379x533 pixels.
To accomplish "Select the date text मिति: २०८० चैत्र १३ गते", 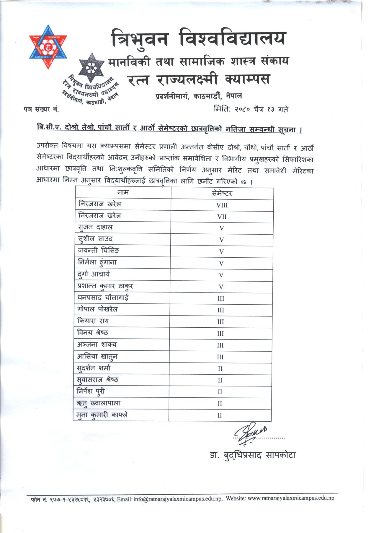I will [251, 110].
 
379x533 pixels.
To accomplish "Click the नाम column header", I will [123, 193].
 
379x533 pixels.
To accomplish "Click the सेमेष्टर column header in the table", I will [222, 194].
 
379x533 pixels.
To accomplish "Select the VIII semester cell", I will [222, 205].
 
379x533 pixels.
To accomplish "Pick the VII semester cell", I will [222, 217].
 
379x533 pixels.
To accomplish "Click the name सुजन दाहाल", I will [95, 227].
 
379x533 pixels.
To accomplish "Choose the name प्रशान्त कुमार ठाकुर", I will [105, 286].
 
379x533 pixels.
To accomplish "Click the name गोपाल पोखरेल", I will [97, 309].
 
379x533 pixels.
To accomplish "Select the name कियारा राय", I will [93, 321].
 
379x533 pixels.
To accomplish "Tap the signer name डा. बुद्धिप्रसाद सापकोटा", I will [253, 455].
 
